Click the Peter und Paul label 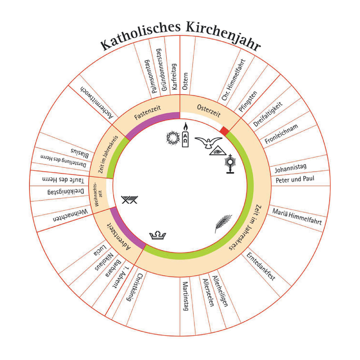295,179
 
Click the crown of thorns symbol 172,138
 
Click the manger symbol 130,199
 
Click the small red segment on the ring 225,130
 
